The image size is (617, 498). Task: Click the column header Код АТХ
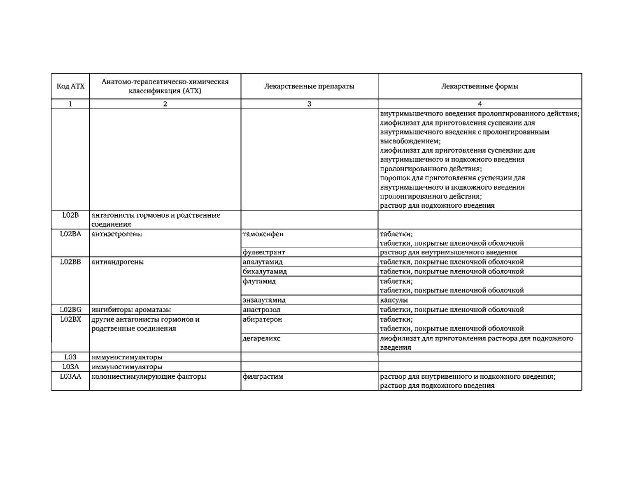tap(70, 86)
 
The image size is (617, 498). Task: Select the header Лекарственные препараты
tap(309, 86)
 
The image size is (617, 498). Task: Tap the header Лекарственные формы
tap(480, 86)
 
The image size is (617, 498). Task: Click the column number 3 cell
tap(309, 104)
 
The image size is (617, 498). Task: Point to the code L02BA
tap(70, 234)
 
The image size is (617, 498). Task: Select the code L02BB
tap(70, 262)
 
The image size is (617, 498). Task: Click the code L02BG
tap(70, 310)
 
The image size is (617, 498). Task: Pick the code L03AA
tap(70, 376)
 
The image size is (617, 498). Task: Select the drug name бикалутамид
tap(265, 271)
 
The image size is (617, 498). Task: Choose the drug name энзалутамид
tap(264, 300)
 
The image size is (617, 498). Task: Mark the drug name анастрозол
tap(261, 310)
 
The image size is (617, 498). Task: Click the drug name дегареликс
tap(261, 338)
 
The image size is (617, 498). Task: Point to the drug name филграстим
tap(263, 376)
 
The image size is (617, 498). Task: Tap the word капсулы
tap(394, 300)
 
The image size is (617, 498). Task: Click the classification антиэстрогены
tap(117, 234)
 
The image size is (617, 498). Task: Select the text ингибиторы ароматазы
tap(131, 310)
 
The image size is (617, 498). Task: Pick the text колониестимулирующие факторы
tap(149, 376)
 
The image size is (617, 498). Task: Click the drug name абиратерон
tap(262, 320)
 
